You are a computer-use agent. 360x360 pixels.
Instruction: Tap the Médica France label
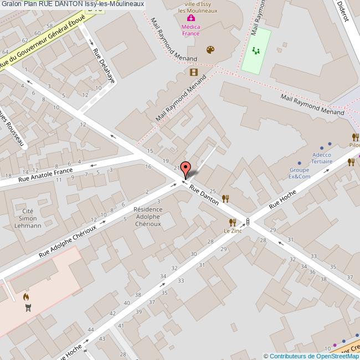click(x=191, y=29)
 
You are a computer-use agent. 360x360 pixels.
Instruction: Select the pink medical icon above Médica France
click(x=191, y=18)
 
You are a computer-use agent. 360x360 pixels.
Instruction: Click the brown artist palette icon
click(x=210, y=50)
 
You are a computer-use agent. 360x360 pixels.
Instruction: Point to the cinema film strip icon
click(x=193, y=71)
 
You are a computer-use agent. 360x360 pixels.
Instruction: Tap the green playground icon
click(x=256, y=50)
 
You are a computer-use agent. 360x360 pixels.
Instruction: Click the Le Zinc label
click(x=233, y=230)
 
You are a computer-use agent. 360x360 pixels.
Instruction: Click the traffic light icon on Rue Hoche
click(x=248, y=222)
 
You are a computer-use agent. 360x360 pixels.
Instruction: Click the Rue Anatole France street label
click(x=45, y=175)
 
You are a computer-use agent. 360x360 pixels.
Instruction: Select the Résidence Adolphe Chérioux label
click(x=148, y=220)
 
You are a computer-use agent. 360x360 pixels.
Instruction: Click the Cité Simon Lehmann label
click(x=28, y=218)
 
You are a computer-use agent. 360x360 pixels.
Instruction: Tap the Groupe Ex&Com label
click(x=300, y=173)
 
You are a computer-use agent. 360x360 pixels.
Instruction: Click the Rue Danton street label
click(x=204, y=195)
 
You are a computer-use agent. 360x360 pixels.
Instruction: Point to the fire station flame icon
click(x=25, y=297)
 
